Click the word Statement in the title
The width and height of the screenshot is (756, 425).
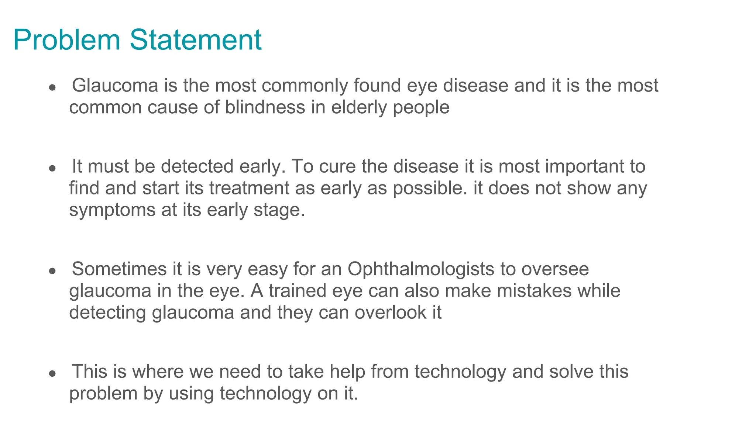[196, 40]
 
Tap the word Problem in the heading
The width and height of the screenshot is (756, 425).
[67, 40]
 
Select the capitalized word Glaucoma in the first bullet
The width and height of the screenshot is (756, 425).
[115, 85]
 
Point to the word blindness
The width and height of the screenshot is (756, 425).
[265, 107]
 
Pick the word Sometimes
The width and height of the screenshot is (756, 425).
[119, 269]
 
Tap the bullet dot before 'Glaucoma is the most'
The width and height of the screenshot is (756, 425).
[52, 88]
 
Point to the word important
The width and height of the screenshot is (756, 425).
[582, 167]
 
